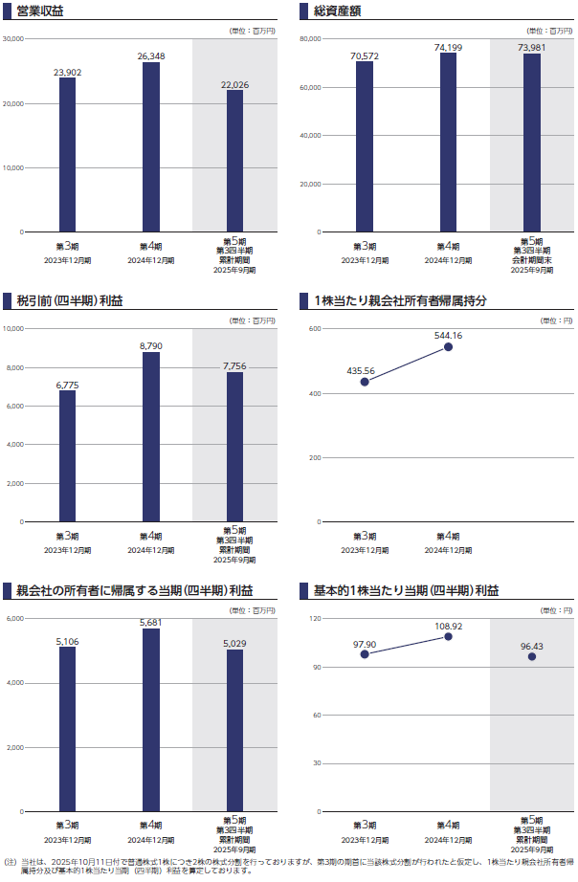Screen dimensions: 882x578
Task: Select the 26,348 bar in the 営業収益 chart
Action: point(151,147)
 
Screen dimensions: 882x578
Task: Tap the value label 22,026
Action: point(234,85)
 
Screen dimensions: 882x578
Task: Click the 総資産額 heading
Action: point(338,11)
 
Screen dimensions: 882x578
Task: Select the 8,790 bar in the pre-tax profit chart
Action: point(151,437)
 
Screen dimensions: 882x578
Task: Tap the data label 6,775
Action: point(67,385)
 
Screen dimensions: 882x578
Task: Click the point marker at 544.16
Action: point(448,346)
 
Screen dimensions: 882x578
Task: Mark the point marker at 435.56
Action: point(365,382)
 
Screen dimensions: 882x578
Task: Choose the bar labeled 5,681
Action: point(151,719)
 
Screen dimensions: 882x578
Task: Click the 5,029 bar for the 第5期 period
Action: point(234,730)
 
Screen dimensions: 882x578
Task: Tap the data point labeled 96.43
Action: point(532,656)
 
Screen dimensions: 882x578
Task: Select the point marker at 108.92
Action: point(448,636)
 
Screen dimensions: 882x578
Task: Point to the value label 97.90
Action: point(365,644)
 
